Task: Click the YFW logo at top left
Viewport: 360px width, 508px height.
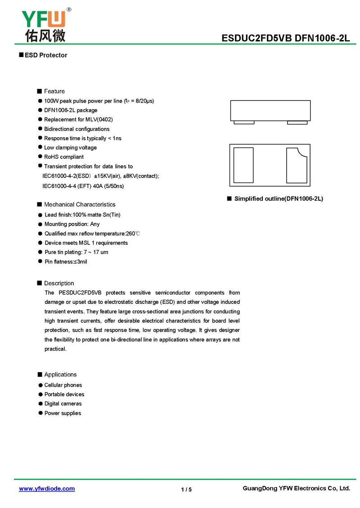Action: point(44,25)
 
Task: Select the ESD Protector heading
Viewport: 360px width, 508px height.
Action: point(45,55)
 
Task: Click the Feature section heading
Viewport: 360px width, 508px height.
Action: point(54,91)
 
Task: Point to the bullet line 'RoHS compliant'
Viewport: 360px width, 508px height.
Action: point(63,157)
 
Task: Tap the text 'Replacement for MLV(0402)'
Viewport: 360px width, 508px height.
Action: point(78,120)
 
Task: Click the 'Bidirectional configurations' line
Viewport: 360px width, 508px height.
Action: point(76,129)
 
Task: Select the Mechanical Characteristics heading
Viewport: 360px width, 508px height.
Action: point(80,205)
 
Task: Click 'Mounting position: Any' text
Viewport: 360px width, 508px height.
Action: point(72,224)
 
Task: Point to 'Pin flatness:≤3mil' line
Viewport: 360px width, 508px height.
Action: point(66,262)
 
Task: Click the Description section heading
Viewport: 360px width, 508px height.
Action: point(59,283)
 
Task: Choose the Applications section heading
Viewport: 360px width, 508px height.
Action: point(60,374)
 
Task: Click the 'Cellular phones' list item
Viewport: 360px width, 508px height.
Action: point(63,385)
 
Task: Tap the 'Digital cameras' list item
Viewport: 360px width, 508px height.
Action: point(63,404)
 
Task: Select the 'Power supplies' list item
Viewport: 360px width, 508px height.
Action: point(63,413)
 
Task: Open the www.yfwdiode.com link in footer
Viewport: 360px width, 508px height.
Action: point(47,489)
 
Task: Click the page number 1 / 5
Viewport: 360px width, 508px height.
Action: point(186,490)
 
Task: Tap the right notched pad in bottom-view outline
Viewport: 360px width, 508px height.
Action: point(296,165)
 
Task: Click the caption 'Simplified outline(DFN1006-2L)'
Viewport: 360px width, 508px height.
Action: point(279,199)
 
